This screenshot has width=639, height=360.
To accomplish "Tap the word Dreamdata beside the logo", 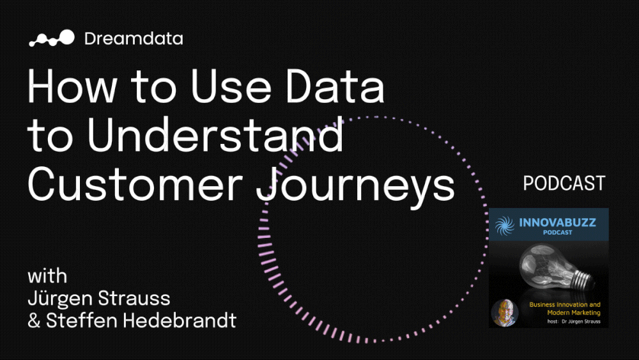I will click(134, 38).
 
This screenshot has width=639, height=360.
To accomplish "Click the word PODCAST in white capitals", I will click(564, 184).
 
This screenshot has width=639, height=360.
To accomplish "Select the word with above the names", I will click(47, 277).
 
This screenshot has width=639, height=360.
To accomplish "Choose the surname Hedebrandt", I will click(178, 320).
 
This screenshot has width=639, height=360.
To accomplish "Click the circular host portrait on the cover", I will click(504, 312).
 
